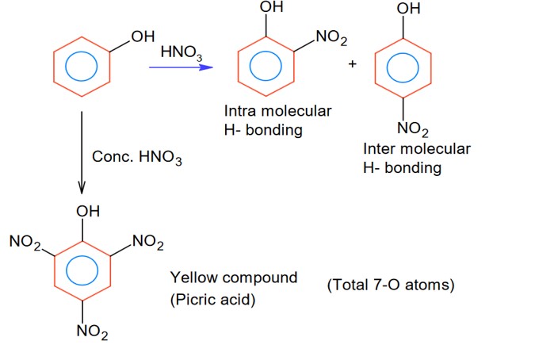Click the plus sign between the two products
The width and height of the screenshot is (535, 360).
(352, 63)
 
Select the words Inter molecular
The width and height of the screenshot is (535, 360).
(416, 149)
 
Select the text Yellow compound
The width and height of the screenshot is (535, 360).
(234, 278)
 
